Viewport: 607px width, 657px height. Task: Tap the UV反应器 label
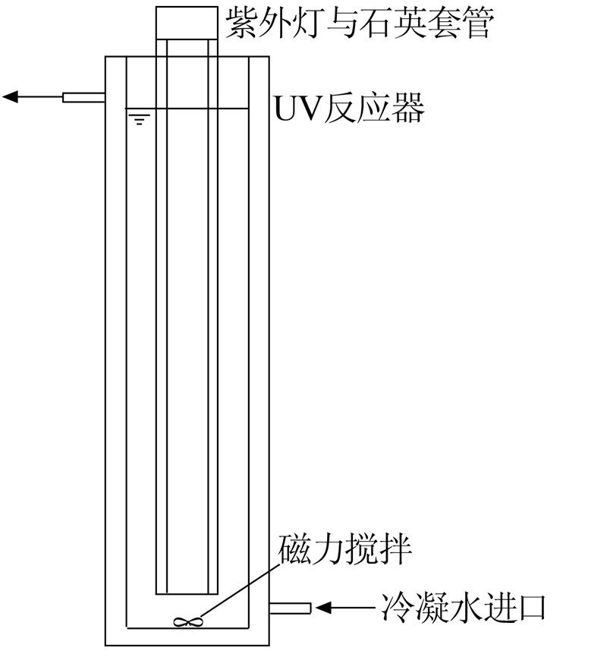tap(349, 109)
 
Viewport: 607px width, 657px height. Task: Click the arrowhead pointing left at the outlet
tap(11, 96)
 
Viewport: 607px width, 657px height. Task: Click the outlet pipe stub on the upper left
tap(83, 97)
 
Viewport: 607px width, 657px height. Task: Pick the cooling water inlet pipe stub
tap(290, 607)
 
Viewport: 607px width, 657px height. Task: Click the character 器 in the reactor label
tap(407, 109)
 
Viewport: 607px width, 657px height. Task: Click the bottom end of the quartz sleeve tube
tap(186, 593)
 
